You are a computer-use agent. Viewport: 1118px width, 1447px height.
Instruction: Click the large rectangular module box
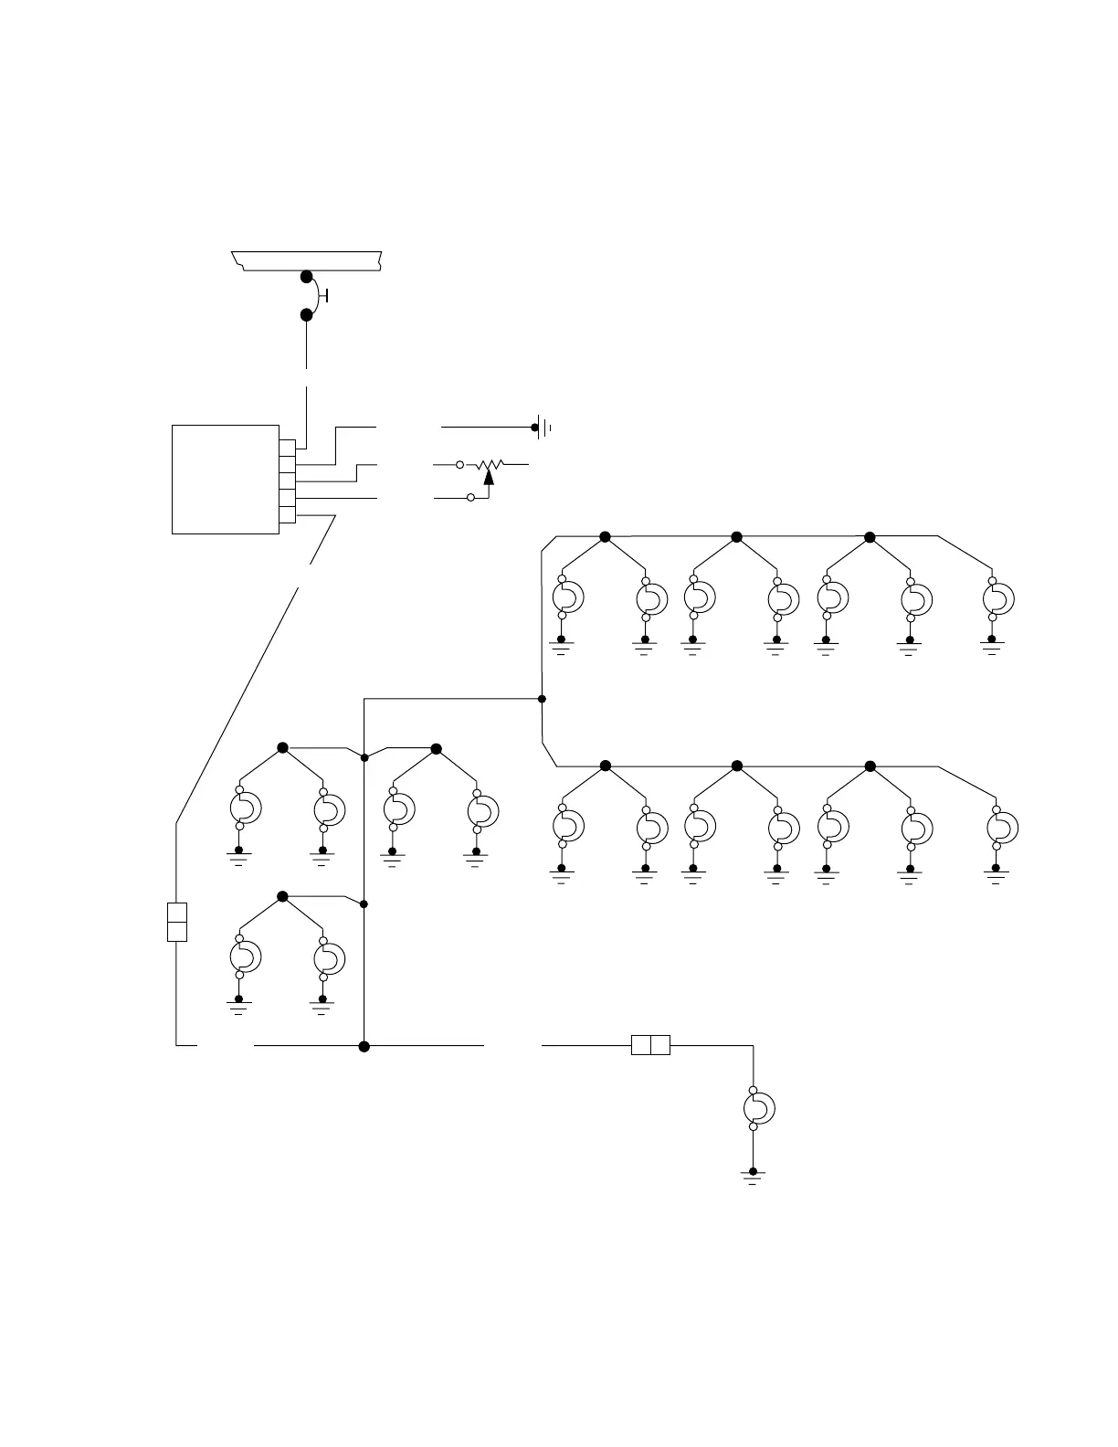click(x=225, y=479)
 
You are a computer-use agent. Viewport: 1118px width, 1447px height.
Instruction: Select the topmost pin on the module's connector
click(x=287, y=448)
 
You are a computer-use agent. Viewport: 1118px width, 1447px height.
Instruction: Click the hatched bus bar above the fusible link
click(x=306, y=260)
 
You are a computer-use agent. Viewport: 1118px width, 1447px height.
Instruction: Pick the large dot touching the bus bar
click(x=307, y=277)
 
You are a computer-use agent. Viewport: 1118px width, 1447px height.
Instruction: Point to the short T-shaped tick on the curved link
click(x=326, y=296)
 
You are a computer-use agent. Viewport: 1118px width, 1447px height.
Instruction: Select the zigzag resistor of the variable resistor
click(x=490, y=465)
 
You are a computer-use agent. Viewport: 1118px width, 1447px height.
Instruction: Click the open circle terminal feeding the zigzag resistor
click(x=460, y=465)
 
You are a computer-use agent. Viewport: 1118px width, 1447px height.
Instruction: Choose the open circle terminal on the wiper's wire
click(x=470, y=498)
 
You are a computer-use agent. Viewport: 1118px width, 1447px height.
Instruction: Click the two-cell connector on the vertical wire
click(x=177, y=922)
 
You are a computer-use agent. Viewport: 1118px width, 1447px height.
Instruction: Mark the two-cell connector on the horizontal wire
click(x=650, y=1044)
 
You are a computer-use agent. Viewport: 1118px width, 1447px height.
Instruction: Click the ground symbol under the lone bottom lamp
click(x=754, y=1178)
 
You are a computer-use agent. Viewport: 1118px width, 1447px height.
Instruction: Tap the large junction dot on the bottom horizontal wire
click(x=364, y=1046)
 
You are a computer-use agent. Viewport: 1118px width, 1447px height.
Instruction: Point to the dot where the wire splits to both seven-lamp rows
click(x=542, y=699)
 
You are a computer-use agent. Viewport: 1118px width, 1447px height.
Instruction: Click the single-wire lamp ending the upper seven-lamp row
click(x=998, y=599)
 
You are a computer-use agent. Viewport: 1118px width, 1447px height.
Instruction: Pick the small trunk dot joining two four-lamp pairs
click(x=364, y=757)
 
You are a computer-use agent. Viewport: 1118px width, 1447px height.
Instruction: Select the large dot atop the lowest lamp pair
click(x=282, y=896)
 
